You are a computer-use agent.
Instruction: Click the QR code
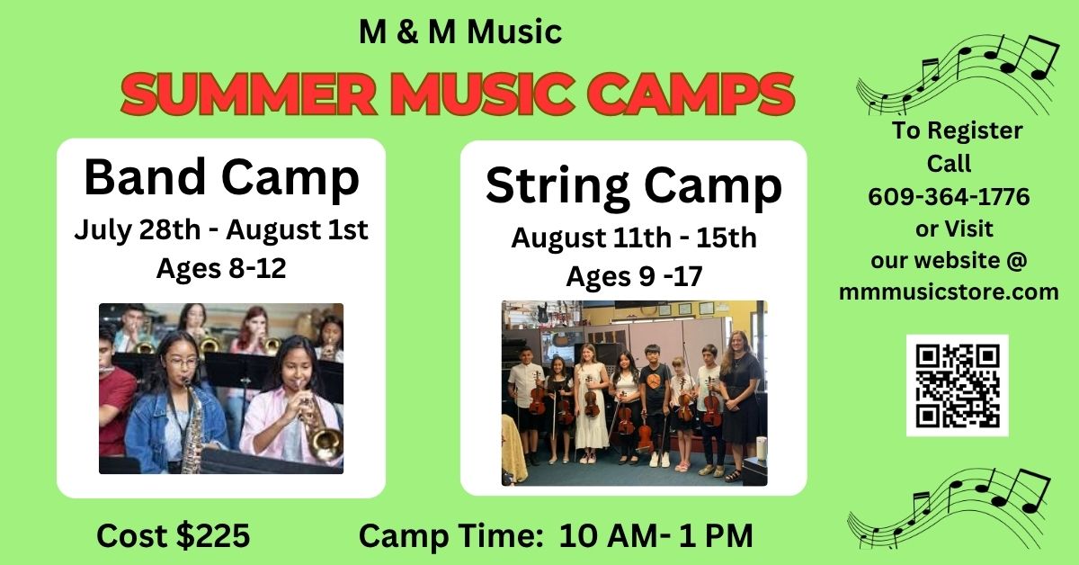957,385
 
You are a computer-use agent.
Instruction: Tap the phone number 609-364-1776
949,197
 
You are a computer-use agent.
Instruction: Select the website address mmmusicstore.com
949,292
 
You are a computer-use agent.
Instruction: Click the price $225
213,535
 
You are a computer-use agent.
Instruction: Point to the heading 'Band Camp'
221,177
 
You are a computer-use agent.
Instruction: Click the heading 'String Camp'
633,186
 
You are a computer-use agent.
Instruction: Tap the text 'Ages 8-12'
221,268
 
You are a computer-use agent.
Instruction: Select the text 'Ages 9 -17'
634,276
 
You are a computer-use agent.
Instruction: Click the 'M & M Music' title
460,31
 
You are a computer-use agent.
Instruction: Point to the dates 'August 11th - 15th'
634,238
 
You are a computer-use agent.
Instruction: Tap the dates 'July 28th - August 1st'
221,229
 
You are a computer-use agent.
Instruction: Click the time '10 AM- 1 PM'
656,535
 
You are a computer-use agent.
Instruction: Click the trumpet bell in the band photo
326,442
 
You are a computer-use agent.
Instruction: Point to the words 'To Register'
957,130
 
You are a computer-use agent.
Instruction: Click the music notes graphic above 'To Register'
958,74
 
